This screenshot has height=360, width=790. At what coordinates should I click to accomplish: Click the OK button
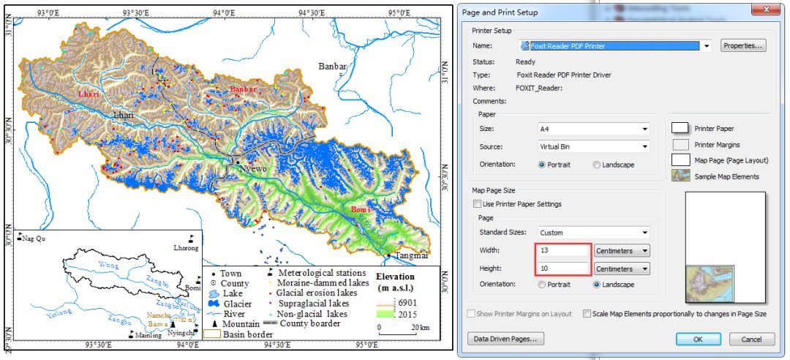tap(697, 339)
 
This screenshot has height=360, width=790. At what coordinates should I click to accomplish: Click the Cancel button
tap(751, 339)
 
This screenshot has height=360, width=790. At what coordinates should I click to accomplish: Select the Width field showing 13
tap(563, 250)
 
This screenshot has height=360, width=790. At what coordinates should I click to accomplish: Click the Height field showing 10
tap(563, 268)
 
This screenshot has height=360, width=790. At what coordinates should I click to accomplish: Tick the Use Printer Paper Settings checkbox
tap(478, 204)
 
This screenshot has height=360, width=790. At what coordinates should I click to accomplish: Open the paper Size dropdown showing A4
tap(593, 129)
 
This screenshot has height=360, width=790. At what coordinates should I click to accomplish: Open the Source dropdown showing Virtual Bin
tap(593, 146)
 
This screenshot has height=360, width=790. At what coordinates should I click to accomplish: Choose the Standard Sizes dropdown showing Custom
tap(593, 232)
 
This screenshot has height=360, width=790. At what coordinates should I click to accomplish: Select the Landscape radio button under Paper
tap(597, 165)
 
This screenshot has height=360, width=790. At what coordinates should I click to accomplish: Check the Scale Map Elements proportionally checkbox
tap(587, 314)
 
